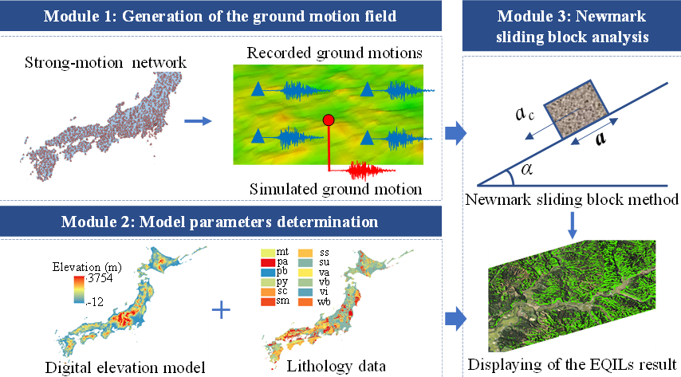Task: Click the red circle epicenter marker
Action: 328,120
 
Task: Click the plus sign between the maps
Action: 224,308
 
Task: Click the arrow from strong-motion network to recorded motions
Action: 197,122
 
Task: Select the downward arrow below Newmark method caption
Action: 571,225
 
